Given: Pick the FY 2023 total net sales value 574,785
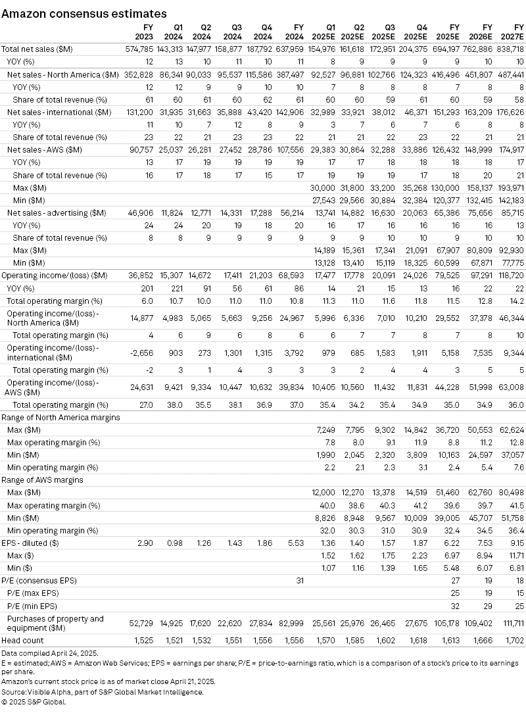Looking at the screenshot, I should pyautogui.click(x=140, y=49).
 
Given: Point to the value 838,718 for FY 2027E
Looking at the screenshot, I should pyautogui.click(x=510, y=49).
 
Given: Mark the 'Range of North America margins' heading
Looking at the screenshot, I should pyautogui.click(x=60, y=418).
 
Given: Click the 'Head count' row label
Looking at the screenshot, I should pyautogui.click(x=23, y=640).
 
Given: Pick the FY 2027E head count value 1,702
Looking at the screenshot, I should pyautogui.click(x=513, y=640).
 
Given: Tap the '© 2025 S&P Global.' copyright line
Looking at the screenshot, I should pyautogui.click(x=34, y=701).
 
